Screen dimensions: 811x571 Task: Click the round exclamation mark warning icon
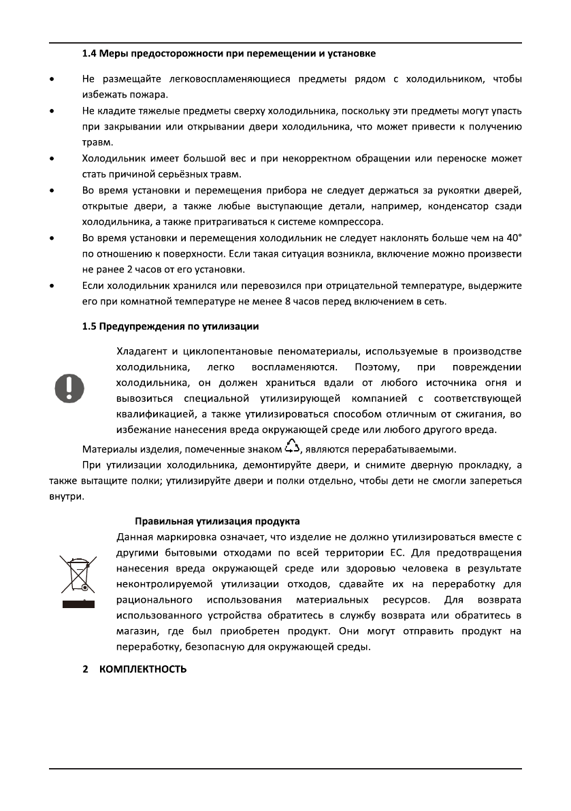69,387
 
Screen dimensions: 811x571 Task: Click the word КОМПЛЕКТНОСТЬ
143,669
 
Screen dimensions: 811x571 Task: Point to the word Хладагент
143,351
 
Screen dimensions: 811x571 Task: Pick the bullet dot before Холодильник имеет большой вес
52,159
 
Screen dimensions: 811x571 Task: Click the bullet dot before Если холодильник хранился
52,285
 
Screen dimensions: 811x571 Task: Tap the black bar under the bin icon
76,603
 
